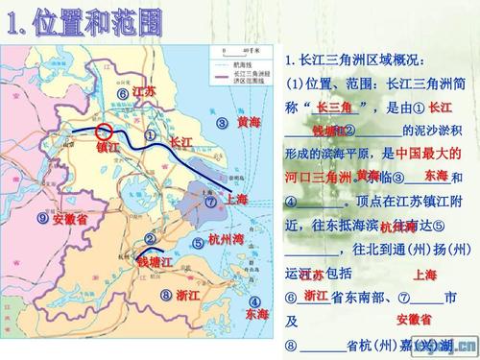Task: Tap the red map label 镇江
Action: (x=108, y=148)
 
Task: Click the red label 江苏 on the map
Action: (x=145, y=91)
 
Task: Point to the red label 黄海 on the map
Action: (x=249, y=123)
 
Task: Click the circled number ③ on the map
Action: (x=221, y=123)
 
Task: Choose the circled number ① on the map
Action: (x=150, y=136)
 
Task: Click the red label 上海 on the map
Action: (x=236, y=199)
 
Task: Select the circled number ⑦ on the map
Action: (x=211, y=202)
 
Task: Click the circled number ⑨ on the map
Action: (x=42, y=218)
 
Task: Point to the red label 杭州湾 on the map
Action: (x=226, y=240)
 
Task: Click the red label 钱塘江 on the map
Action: (x=154, y=261)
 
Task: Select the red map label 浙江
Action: (x=188, y=295)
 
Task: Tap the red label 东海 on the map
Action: (x=256, y=314)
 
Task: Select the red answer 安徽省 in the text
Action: (x=414, y=319)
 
